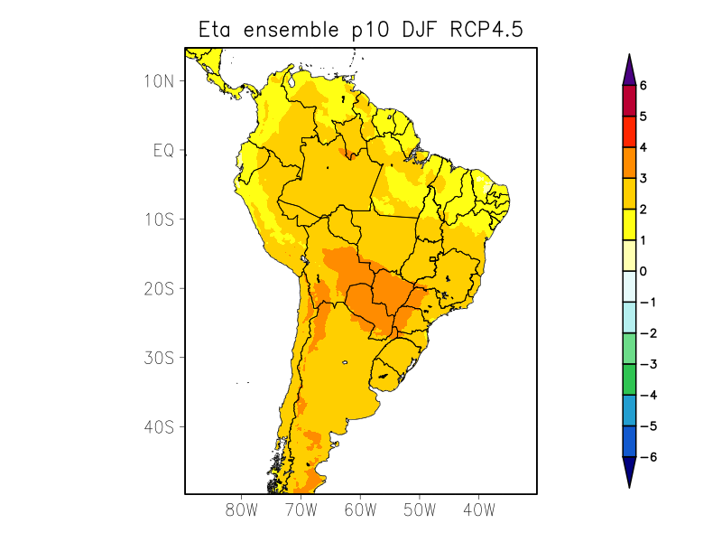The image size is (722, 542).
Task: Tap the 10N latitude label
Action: pos(159,80)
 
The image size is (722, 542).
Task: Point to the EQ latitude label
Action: pos(163,150)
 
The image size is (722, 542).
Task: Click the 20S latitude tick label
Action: pos(159,288)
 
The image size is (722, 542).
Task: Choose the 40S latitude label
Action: pos(159,426)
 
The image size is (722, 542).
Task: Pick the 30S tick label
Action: pos(159,358)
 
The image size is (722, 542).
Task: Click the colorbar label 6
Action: pos(643,85)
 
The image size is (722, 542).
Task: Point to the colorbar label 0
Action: pos(643,271)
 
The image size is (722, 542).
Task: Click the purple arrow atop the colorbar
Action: pos(629,70)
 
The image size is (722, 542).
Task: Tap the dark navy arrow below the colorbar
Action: pos(629,472)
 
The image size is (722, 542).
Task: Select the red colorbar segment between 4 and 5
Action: pos(629,132)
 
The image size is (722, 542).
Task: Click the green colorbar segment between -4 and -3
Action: pos(629,379)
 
